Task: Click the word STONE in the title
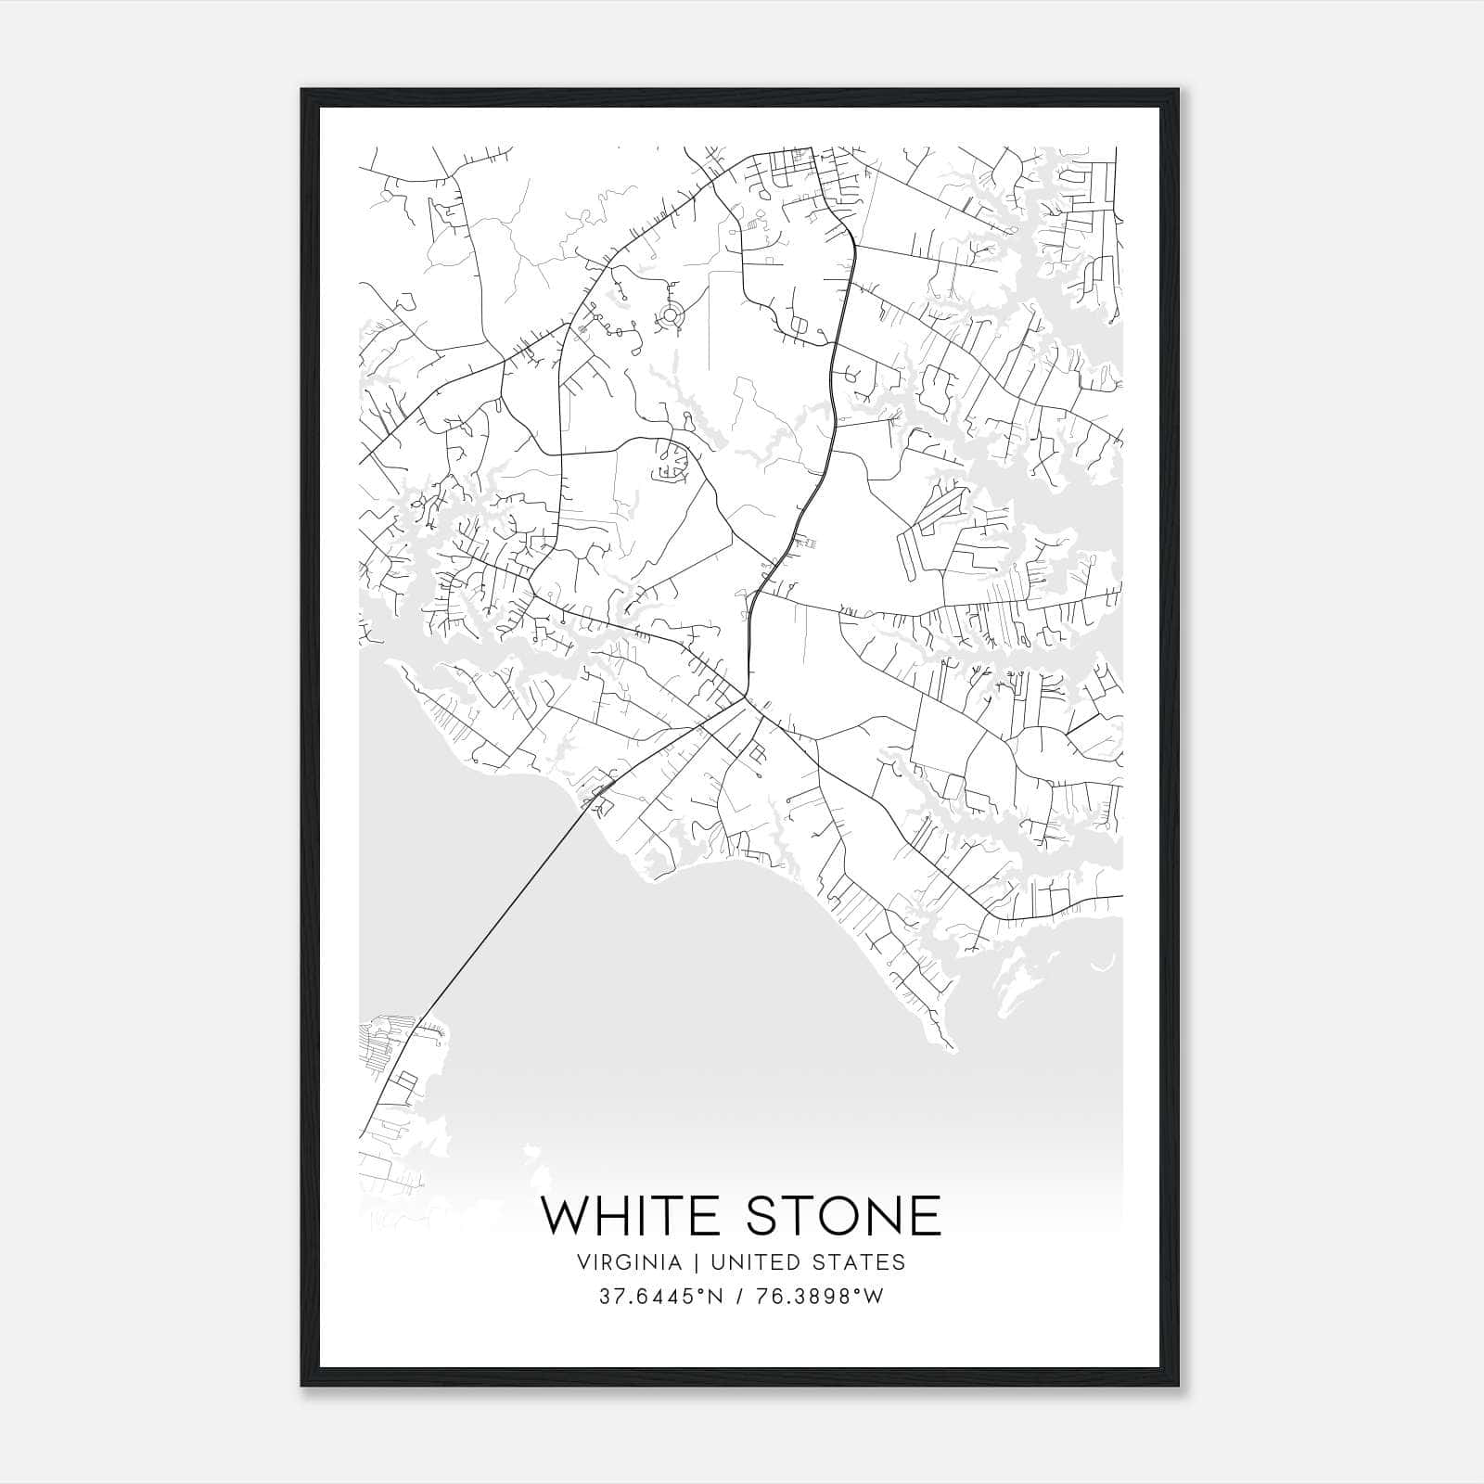point(843,1215)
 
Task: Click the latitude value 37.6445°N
point(659,1297)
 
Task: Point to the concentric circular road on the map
point(670,317)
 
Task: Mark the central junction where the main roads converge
point(745,697)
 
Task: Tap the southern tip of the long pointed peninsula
point(951,1048)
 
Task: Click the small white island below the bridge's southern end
point(531,1155)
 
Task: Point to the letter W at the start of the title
point(566,1215)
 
